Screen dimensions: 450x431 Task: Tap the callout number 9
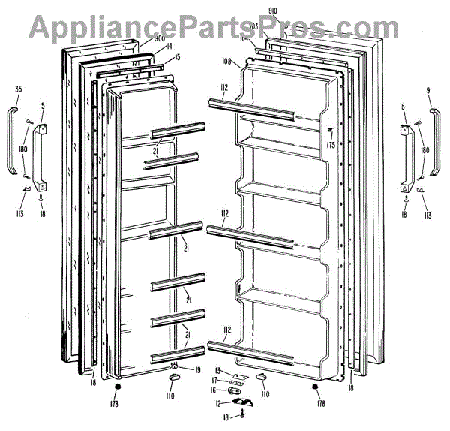tap(428, 91)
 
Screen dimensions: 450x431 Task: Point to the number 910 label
tap(273, 10)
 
